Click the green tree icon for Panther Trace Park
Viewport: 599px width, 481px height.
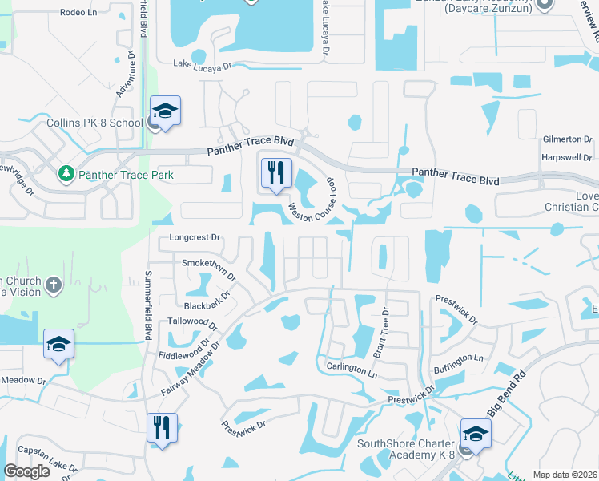click(x=66, y=173)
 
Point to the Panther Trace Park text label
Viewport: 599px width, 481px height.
click(x=124, y=174)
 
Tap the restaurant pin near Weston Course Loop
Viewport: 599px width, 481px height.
click(x=276, y=173)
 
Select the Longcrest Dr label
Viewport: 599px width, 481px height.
click(x=195, y=238)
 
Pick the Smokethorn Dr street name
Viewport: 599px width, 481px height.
click(x=210, y=269)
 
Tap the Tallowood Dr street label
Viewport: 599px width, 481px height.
click(x=192, y=323)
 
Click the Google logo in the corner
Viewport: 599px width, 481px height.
click(x=27, y=471)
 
